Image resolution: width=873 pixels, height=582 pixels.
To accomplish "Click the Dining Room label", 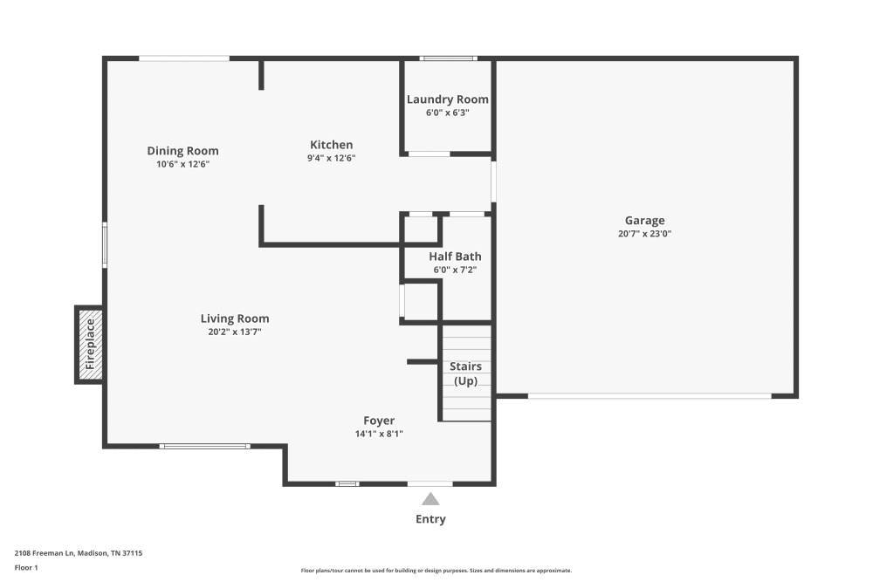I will [x=182, y=151].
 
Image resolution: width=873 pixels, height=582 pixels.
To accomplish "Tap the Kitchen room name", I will [x=332, y=145].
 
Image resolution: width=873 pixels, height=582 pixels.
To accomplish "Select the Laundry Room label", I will [x=448, y=99].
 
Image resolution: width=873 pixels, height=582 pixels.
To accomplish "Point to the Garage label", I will [x=644, y=221].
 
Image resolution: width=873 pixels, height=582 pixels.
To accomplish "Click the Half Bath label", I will [x=455, y=257].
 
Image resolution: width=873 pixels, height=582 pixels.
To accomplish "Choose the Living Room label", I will [x=235, y=318].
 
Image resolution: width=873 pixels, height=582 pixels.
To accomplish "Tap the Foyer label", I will [x=379, y=420].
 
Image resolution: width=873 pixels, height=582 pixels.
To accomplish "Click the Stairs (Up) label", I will [x=465, y=373].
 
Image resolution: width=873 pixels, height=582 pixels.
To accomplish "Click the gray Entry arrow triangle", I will [x=430, y=499].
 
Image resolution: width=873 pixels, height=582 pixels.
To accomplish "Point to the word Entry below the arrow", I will [x=430, y=519].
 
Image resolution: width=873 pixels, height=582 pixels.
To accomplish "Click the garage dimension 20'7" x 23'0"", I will [x=644, y=234].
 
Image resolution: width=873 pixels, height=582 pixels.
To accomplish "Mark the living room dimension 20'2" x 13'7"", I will [x=235, y=332].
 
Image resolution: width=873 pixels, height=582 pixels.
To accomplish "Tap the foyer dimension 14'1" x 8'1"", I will [x=379, y=433].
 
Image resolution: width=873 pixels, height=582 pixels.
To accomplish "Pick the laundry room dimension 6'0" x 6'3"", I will [x=448, y=113].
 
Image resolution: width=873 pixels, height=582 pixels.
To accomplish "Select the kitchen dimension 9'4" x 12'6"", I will [x=332, y=158].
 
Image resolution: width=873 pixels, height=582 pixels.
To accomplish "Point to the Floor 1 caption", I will [x=26, y=567].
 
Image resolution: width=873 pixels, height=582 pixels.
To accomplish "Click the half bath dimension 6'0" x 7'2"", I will [x=455, y=270].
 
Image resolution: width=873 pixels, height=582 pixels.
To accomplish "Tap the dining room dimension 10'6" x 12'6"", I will [x=182, y=164].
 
